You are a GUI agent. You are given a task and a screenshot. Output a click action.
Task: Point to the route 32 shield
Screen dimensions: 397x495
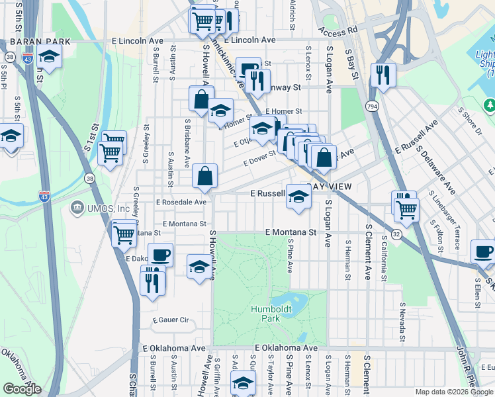pos(396,234)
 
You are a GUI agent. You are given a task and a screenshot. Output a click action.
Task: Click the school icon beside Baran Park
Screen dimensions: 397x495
pos(49,58)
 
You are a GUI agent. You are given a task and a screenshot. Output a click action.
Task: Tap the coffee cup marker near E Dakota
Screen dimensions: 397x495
pos(160,255)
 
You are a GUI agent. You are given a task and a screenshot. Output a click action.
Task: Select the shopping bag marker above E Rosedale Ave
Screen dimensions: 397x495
pos(205,177)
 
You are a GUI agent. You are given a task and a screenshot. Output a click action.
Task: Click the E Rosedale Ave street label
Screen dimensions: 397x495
pos(181,202)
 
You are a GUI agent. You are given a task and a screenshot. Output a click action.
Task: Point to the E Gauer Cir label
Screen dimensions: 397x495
pos(170,320)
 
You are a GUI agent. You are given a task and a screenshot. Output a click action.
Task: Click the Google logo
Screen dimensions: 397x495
pos(22,389)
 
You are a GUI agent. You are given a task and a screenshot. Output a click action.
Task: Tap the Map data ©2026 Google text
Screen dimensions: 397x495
pos(453,392)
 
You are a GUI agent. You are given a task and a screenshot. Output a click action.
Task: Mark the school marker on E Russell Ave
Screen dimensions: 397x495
pos(298,197)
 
